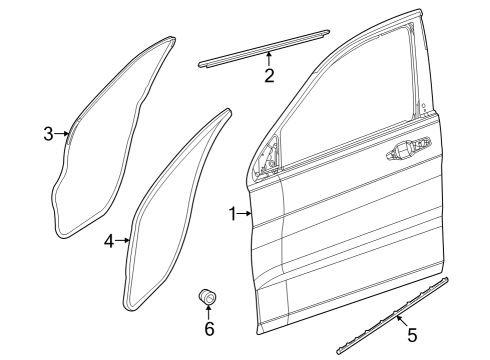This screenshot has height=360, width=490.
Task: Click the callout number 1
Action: [x=232, y=213]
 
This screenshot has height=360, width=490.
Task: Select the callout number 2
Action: [x=269, y=77]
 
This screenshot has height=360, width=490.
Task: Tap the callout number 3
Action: [x=48, y=133]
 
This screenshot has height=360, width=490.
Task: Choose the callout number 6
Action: [x=209, y=328]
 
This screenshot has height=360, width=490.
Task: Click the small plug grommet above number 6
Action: [x=208, y=297]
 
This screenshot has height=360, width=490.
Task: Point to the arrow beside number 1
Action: [x=245, y=213]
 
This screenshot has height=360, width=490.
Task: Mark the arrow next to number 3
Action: [x=62, y=133]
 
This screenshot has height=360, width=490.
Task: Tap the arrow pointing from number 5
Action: [x=401, y=322]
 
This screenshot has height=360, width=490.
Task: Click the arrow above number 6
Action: [x=209, y=312]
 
